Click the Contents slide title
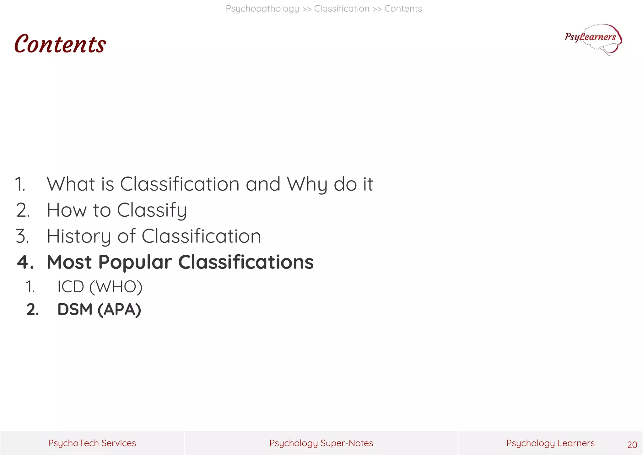coord(60,44)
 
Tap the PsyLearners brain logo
coord(593,39)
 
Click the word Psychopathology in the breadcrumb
coord(262,9)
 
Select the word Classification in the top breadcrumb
coord(342,9)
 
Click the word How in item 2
coord(67,210)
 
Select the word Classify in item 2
coord(152,210)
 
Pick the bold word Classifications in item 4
coord(246,262)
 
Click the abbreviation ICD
coord(71,287)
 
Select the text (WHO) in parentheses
coord(116,287)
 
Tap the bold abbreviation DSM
coord(75,310)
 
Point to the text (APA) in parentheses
coord(119,310)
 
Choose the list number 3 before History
coord(22,236)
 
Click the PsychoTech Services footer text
coord(92,443)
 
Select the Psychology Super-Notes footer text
coord(321,443)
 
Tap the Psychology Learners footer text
coord(550,443)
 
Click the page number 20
coord(632,445)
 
